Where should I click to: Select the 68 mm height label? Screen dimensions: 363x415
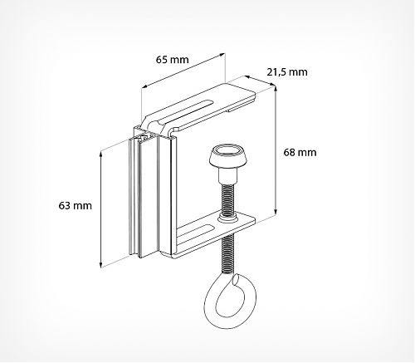click(x=300, y=153)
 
